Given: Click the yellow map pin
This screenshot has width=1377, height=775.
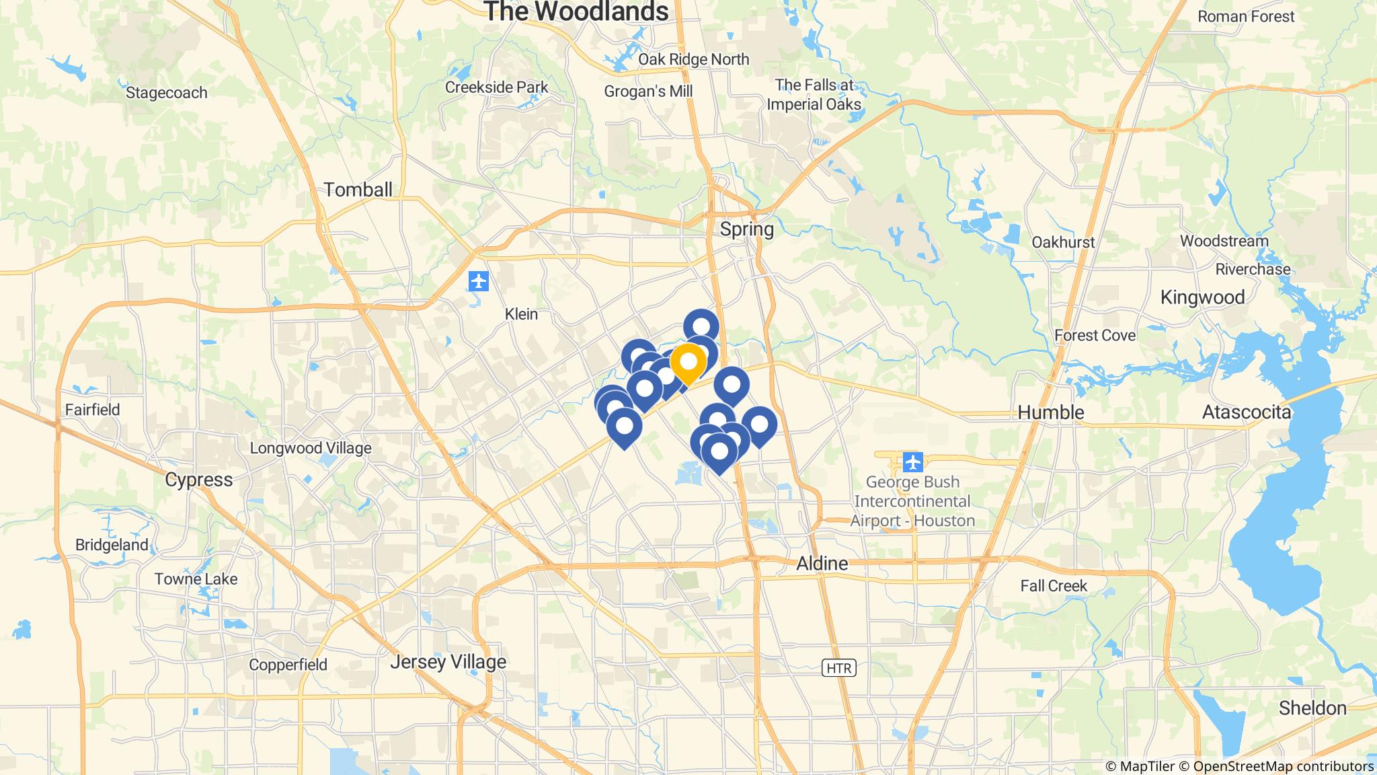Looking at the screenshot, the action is (688, 362).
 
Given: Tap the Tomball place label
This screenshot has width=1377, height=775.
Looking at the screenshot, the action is (358, 190).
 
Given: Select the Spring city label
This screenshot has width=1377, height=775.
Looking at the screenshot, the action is (746, 229).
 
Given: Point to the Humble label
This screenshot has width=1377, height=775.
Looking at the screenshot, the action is (1050, 412).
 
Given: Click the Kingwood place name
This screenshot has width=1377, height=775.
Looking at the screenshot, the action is (1202, 297).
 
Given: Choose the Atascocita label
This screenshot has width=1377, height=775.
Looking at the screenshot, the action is (1246, 412).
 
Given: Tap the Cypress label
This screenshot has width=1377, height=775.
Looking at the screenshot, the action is (198, 480).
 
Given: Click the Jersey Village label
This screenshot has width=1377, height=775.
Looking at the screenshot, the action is (448, 663).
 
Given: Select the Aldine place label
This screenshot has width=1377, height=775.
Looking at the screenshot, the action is (822, 564).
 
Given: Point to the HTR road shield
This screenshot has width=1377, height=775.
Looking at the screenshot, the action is (838, 668).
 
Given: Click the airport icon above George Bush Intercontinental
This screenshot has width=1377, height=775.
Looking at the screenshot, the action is (912, 462).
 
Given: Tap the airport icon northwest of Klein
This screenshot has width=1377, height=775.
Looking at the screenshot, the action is (479, 281).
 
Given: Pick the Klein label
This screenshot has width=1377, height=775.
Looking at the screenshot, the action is (521, 314).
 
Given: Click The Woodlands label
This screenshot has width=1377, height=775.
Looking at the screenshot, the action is (576, 11).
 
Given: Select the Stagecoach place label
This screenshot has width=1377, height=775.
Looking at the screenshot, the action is (166, 93).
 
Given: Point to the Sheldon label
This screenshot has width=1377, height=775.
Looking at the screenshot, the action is (1312, 708).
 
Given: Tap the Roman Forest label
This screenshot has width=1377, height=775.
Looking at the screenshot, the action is (1245, 16).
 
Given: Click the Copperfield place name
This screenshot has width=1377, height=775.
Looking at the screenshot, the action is (288, 665).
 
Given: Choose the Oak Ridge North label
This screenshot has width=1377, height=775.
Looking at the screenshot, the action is (693, 59).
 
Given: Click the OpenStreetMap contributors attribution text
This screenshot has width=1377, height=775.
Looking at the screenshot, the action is (1283, 766).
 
